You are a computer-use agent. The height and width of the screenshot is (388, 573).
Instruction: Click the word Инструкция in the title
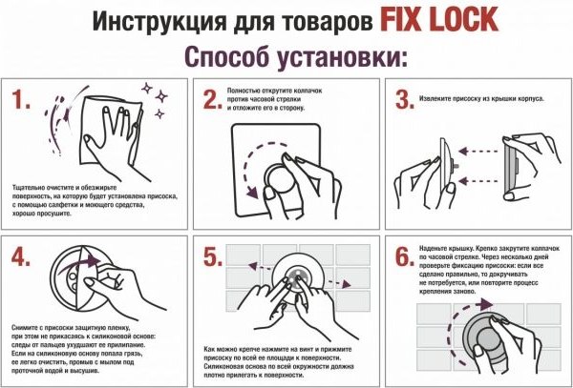pyautogui.click(x=144, y=19)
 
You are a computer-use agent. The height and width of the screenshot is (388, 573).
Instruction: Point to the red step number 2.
pyautogui.click(x=213, y=99)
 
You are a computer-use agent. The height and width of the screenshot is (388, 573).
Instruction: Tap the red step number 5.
pyautogui.click(x=213, y=256)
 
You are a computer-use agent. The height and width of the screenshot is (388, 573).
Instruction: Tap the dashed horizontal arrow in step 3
pyautogui.click(x=477, y=150)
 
